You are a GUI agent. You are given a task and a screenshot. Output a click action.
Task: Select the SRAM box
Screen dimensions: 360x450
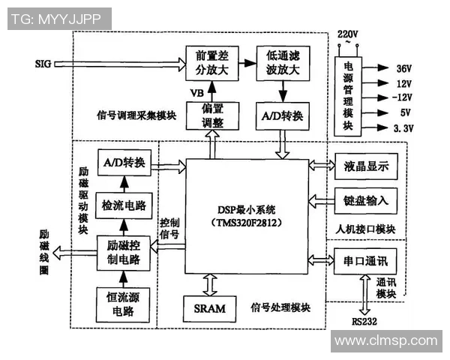pos(210,307)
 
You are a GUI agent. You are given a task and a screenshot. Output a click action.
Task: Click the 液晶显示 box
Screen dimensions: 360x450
pos(366,166)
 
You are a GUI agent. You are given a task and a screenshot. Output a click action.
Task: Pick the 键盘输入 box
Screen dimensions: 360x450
pos(366,201)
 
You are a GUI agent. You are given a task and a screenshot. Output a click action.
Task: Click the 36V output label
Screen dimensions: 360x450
pos(403,67)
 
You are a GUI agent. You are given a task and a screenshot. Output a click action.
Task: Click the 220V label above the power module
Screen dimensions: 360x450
pos(347,34)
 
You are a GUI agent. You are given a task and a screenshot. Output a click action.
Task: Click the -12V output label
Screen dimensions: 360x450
pos(405,98)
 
